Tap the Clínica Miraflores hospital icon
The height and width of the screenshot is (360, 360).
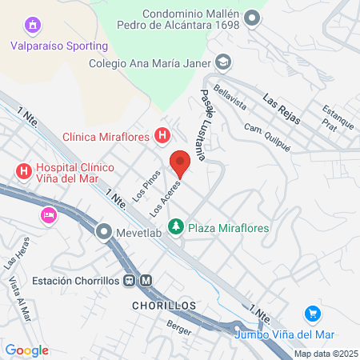point(162,137)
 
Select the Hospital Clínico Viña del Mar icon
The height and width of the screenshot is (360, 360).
point(24,170)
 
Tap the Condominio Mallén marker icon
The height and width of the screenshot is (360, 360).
point(253,17)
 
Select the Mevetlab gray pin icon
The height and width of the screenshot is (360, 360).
point(104,233)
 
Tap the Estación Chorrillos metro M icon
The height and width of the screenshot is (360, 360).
point(146,280)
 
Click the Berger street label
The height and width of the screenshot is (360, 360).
point(174,326)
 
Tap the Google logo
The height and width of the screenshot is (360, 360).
point(27,350)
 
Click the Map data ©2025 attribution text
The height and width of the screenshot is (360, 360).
point(324,354)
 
